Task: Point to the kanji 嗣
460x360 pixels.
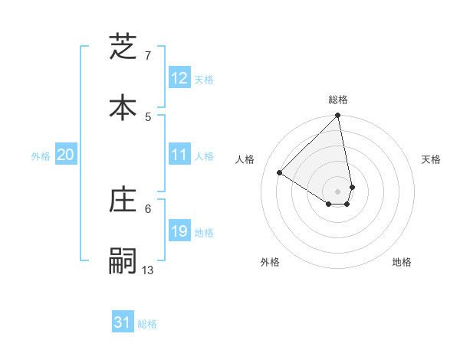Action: [x=123, y=260]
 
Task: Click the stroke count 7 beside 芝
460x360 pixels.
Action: [x=148, y=56]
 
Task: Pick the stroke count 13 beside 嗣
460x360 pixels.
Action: [x=148, y=270]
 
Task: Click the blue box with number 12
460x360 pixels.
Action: [x=179, y=78]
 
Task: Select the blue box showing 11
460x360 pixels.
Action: [x=179, y=155]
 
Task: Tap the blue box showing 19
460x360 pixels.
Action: [x=179, y=231]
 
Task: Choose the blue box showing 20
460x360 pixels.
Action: [x=66, y=155]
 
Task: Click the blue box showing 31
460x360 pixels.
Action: [x=123, y=323]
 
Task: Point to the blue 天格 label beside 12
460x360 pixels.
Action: [x=204, y=80]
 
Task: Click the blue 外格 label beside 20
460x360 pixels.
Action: [x=41, y=156]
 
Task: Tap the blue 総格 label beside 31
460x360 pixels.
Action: [x=147, y=325]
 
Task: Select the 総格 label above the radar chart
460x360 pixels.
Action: [x=338, y=100]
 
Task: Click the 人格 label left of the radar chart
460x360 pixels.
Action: [x=245, y=159]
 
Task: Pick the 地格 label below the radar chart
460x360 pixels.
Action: [x=402, y=262]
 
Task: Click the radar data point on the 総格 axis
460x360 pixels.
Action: [x=337, y=116]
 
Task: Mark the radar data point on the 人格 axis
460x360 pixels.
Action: [x=280, y=173]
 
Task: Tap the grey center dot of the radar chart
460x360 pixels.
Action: [x=337, y=191]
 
